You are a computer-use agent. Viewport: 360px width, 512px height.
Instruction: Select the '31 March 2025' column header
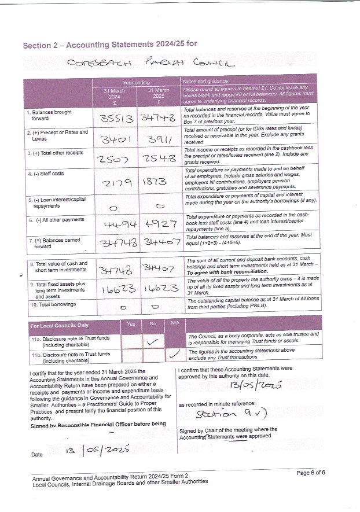pos(158,94)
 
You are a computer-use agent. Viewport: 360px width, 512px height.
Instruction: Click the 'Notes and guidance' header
pos(205,82)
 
